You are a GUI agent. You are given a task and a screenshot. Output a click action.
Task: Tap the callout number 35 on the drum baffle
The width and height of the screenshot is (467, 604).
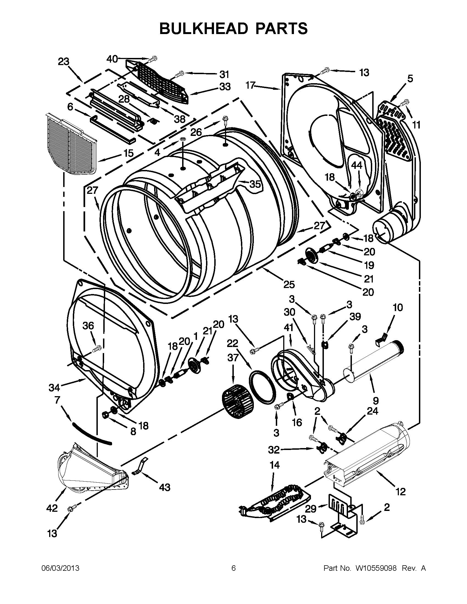pos(255,184)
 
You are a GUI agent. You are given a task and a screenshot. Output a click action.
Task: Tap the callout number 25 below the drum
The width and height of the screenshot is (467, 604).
pos(289,284)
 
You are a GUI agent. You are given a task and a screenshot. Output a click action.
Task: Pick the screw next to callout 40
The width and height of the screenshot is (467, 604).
pos(153,59)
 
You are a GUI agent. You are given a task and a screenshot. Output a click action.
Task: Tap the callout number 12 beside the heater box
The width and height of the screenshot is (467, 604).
pos(401,491)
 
